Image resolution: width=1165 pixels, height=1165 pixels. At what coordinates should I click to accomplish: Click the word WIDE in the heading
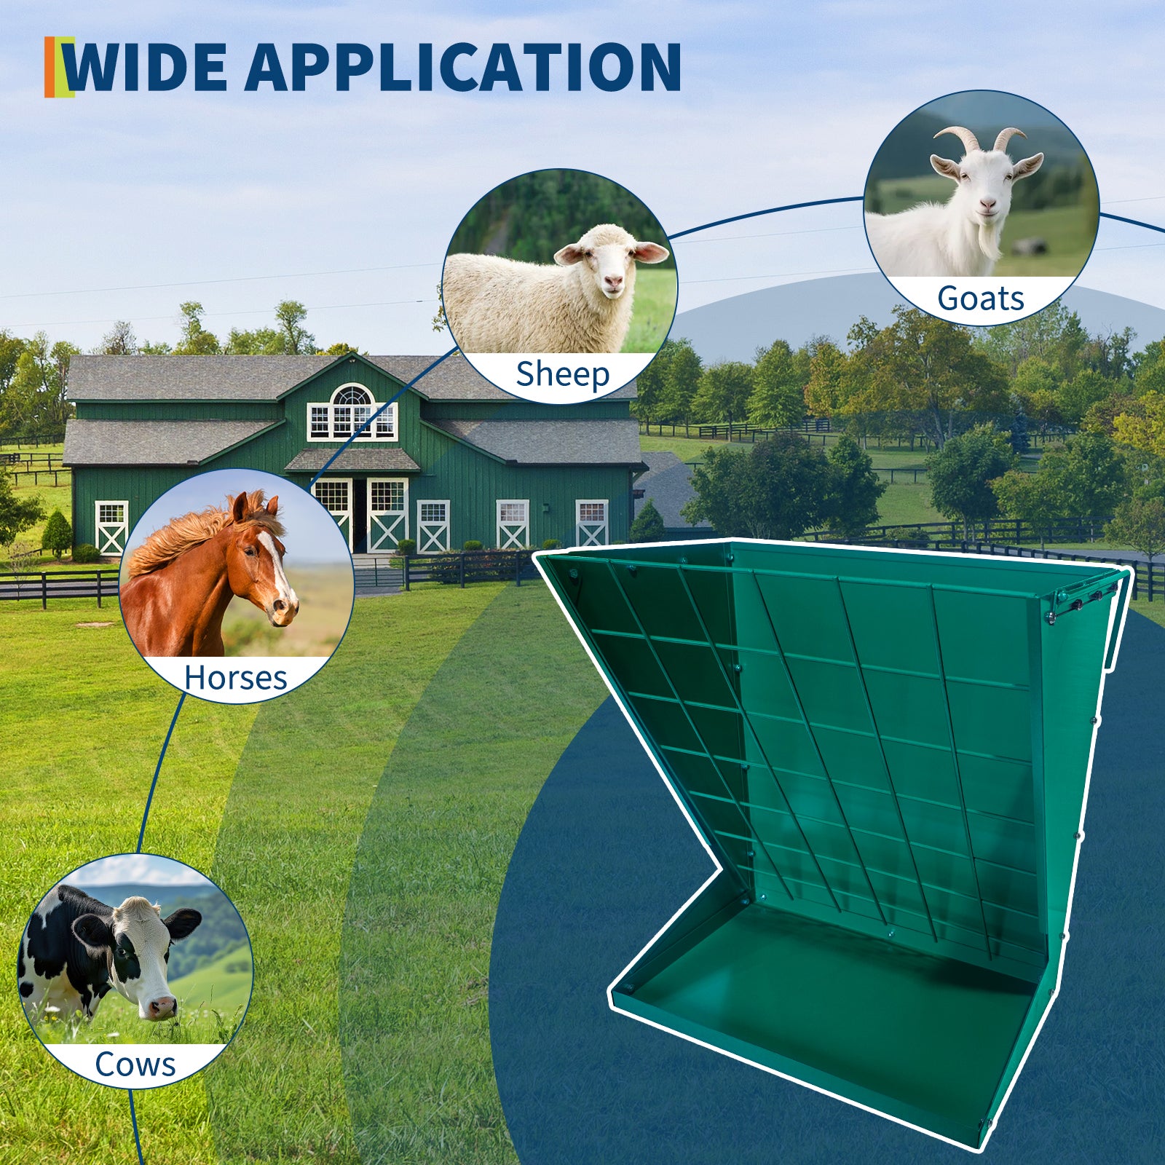coord(146,67)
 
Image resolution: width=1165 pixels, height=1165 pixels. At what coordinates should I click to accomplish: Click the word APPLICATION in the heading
coord(462,67)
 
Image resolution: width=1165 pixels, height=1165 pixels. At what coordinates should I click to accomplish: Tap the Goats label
coord(981,299)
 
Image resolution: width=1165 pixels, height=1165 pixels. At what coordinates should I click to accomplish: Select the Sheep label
coord(562,375)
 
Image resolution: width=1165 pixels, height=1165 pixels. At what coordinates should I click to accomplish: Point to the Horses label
coord(236,678)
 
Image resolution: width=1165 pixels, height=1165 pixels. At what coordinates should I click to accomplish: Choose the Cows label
coord(135,1065)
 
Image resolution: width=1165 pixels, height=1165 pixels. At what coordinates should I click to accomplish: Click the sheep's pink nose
coord(614,281)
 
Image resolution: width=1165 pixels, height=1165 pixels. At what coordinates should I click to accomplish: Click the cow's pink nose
coord(162,1007)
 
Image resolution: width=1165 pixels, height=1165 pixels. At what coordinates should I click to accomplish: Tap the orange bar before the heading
coord(49,66)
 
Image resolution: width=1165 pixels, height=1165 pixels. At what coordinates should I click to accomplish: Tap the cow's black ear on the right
coord(183,924)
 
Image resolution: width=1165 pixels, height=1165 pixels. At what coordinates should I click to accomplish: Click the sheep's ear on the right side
coord(649,253)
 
